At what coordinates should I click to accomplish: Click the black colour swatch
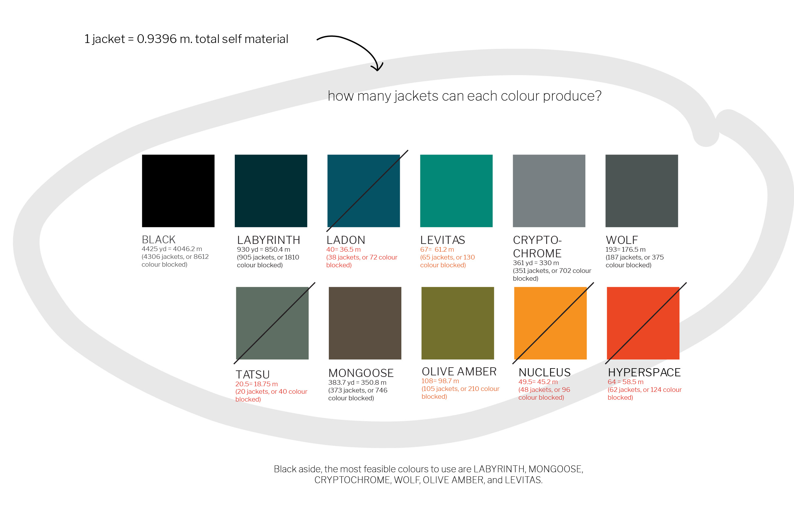[x=178, y=191]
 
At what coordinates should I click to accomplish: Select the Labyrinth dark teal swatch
[x=271, y=191]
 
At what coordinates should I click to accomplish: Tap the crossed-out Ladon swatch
[x=364, y=191]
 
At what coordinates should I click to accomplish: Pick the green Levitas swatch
[x=456, y=191]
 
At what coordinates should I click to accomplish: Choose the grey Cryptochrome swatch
[x=549, y=191]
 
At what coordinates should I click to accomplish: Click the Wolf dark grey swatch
[x=642, y=191]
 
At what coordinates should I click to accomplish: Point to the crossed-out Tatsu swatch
[x=272, y=323]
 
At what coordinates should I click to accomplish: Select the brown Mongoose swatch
[x=365, y=323]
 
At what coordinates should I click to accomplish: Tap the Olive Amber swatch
[x=458, y=323]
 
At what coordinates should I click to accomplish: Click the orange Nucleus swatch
[x=551, y=323]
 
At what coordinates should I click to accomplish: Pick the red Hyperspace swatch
[x=643, y=323]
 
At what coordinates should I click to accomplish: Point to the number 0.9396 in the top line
[x=157, y=39]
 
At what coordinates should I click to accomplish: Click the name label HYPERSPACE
[x=644, y=372]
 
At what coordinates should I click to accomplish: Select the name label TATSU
[x=253, y=374]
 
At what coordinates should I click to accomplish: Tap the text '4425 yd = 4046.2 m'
[x=172, y=249]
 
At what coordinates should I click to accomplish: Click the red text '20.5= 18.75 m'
[x=257, y=384]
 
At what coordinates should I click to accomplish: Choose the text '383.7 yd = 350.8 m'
[x=357, y=382]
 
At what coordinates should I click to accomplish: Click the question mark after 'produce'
[x=598, y=96]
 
